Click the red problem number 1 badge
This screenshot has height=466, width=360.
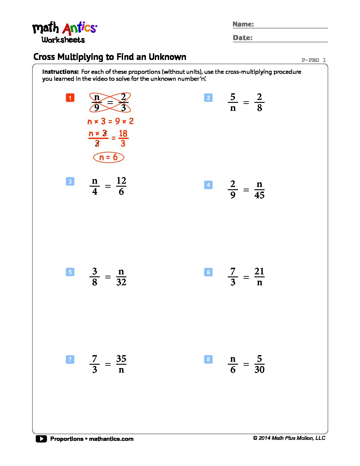[70, 98]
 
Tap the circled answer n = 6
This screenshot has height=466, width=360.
[109, 157]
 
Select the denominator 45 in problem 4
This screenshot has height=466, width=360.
[259, 195]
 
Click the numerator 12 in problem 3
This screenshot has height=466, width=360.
[121, 181]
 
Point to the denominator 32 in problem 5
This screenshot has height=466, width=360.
[121, 282]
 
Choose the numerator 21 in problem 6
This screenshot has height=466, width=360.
[259, 271]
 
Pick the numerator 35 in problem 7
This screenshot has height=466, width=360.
[121, 359]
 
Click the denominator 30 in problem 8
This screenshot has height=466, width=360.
[259, 370]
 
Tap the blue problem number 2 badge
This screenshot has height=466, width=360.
[208, 98]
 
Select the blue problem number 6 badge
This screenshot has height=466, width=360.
[208, 272]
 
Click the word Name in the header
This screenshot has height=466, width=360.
[243, 24]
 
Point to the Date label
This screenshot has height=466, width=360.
[242, 38]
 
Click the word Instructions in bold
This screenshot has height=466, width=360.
[60, 72]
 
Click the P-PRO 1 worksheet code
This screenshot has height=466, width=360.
[313, 60]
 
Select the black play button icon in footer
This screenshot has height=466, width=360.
[41, 439]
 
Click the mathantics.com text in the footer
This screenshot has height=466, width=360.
[111, 439]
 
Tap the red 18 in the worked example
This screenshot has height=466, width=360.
[123, 133]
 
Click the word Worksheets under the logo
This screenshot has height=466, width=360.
[63, 40]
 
